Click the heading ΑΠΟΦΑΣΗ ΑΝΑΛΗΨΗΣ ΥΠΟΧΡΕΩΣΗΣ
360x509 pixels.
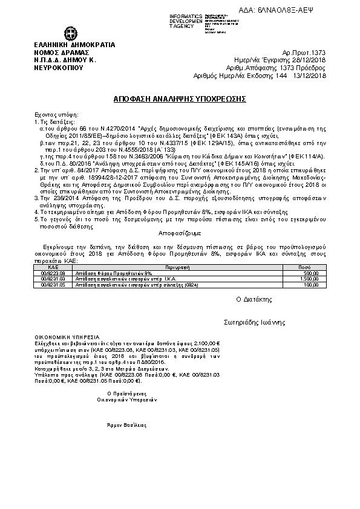point(180,99)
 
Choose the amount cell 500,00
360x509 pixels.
point(310,273)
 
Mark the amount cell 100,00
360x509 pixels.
point(311,284)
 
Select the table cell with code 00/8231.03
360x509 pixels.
point(53,279)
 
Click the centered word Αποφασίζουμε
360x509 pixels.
point(179,232)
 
